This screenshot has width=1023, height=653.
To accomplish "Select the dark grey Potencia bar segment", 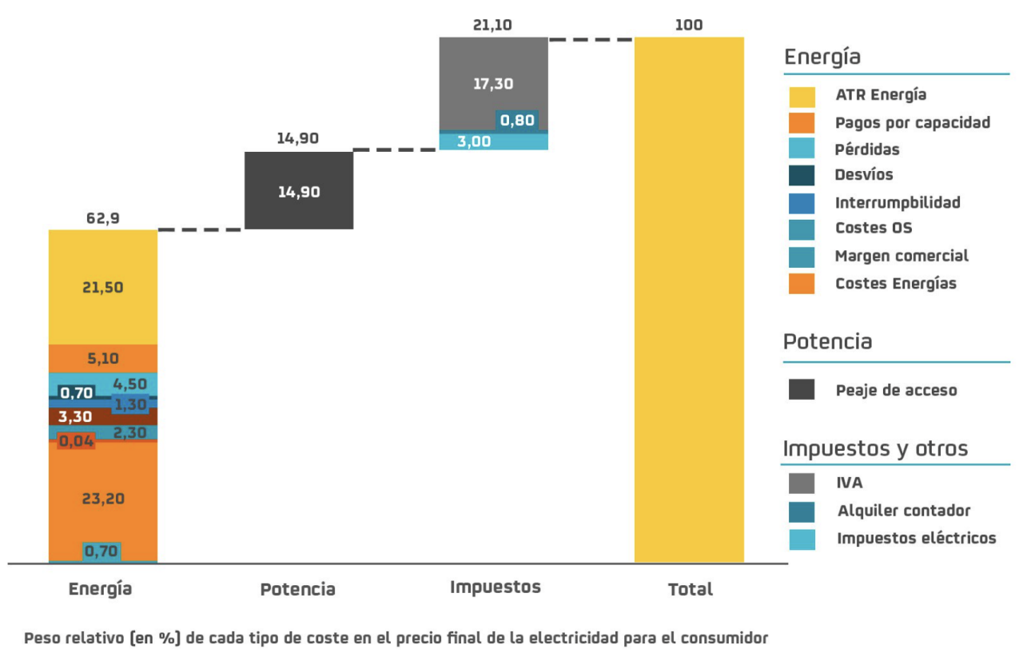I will point(298,191).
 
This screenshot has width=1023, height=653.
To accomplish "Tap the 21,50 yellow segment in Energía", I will point(103,287).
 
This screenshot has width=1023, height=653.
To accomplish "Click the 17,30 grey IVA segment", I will point(493,83).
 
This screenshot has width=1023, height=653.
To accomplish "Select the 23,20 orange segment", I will point(103,498).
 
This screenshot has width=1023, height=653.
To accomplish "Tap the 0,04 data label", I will point(77,440).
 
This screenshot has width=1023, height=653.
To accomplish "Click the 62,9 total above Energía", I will point(103,218).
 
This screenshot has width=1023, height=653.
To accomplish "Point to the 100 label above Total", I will point(688,25).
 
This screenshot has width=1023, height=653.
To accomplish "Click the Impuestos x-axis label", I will point(495,587).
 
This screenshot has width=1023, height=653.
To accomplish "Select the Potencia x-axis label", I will point(297,590).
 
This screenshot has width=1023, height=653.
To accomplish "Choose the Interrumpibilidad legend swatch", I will point(802,202).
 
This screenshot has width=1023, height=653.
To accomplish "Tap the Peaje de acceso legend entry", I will point(895,390).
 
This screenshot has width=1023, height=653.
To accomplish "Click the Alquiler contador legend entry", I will point(903,511).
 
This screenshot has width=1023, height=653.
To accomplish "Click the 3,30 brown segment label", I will point(75,416).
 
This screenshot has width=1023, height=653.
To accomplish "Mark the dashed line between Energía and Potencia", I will point(201,229).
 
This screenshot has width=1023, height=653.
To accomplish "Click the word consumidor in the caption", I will point(726,638).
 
